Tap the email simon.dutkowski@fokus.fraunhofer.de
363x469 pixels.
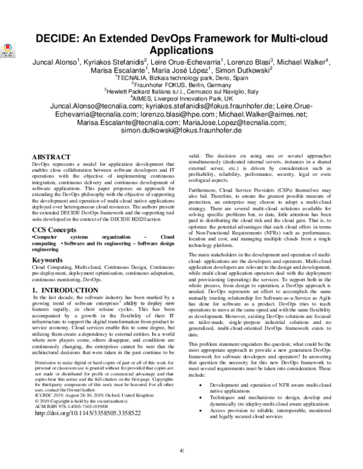pyautogui.click(x=181, y=130)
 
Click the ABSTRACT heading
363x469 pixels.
pyautogui.click(x=52, y=157)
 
